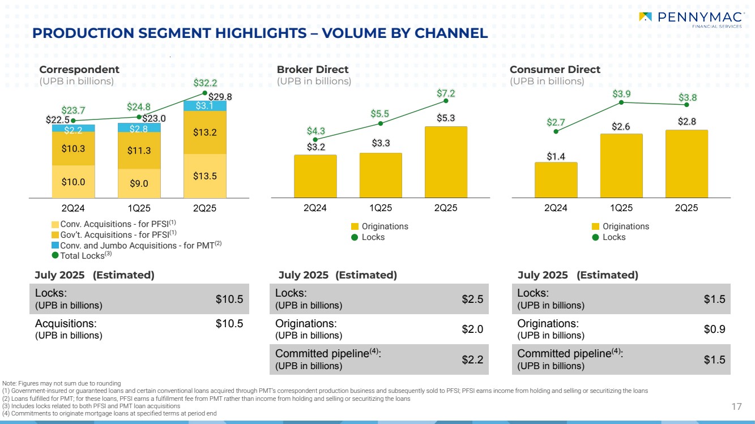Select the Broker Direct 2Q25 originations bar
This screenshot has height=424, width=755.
point(446,161)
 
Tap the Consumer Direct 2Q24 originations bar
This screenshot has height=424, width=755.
point(556,179)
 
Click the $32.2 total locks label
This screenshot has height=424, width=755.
point(205,83)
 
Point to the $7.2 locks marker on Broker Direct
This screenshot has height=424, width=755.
point(446,101)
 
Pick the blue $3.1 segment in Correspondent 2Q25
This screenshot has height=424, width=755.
point(204,106)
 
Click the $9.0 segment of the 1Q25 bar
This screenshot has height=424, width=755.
point(139,183)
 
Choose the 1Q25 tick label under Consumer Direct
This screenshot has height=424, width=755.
point(621,208)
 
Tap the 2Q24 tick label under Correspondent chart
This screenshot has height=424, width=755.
point(73,208)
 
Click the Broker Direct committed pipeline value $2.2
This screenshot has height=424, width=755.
point(472,359)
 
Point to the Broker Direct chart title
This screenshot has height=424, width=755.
point(312,70)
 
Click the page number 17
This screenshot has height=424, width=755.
point(736,406)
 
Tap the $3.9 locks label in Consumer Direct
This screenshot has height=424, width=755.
point(621,93)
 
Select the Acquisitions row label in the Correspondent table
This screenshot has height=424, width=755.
point(69,324)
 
